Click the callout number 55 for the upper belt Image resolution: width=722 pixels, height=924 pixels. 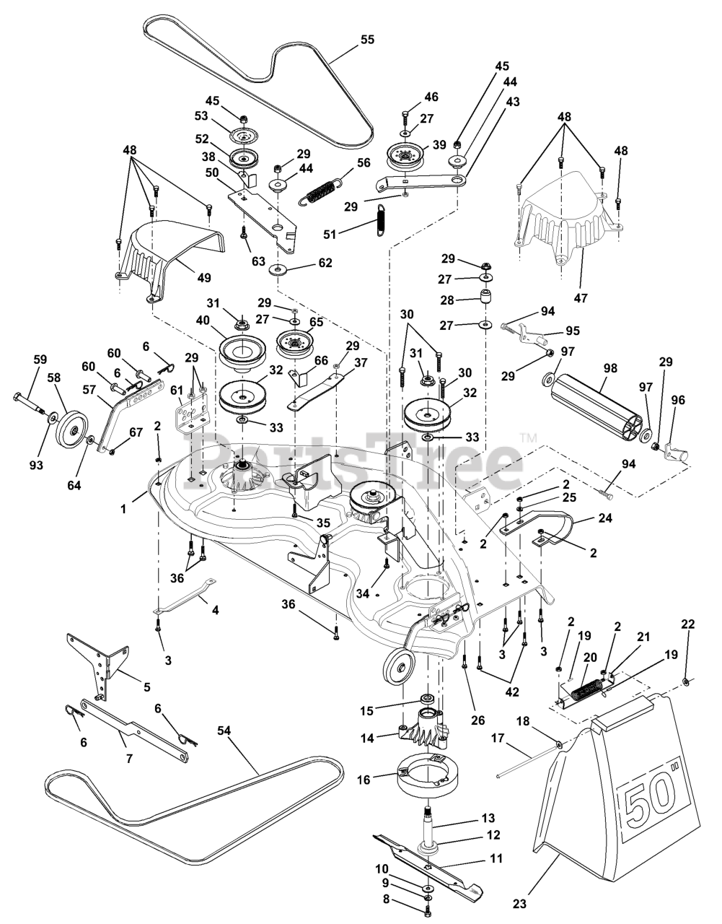pyautogui.click(x=368, y=40)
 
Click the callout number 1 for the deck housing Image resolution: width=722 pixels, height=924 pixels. pyautogui.click(x=123, y=509)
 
